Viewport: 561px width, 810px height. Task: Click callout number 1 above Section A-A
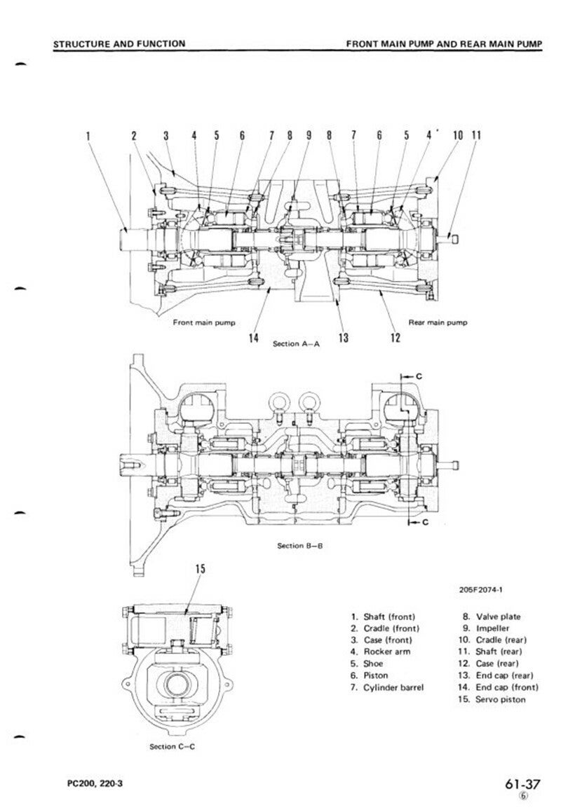click(88, 135)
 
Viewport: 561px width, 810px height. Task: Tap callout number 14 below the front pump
click(253, 338)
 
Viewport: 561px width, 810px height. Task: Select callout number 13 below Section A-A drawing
click(344, 338)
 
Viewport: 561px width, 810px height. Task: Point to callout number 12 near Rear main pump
click(395, 338)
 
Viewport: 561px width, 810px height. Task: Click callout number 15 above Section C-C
click(200, 569)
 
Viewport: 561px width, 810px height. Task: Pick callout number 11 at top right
click(475, 135)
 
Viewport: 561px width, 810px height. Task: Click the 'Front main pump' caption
click(204, 322)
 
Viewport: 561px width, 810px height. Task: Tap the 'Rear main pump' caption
click(438, 322)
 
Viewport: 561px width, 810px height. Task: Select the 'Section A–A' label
click(296, 343)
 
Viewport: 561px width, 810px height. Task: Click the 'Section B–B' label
click(300, 546)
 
